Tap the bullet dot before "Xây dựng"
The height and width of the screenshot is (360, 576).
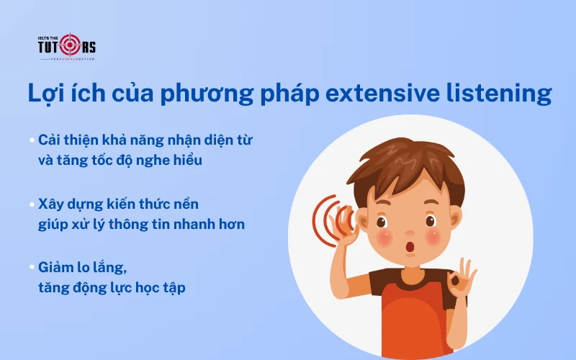pyautogui.click(x=32, y=204)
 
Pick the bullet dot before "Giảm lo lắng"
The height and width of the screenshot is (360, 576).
pyautogui.click(x=32, y=267)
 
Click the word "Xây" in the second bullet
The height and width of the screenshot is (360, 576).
pyautogui.click(x=52, y=204)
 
